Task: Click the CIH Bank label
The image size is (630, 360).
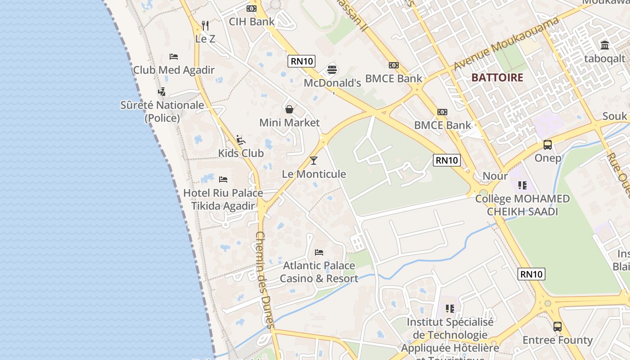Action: [x=252, y=22]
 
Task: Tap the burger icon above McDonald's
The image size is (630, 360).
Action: [x=333, y=70]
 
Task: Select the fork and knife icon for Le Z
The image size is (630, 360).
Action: [x=205, y=25]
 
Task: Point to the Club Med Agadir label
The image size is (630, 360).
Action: [x=174, y=70]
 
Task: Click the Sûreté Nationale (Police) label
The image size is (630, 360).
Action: [x=162, y=112]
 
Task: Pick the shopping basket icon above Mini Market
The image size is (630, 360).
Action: [x=289, y=109]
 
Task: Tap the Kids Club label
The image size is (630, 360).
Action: [x=241, y=153]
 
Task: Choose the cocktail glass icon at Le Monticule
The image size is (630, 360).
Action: [x=314, y=161]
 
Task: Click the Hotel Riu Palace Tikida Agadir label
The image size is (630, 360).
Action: [x=223, y=199]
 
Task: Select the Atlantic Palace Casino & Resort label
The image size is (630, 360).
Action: [x=319, y=272]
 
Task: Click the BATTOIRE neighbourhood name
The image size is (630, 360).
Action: [x=497, y=77]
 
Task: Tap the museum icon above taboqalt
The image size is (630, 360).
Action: [x=605, y=45]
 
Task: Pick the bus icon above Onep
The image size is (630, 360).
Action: [x=548, y=145]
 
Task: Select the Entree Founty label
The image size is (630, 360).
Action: [x=557, y=340]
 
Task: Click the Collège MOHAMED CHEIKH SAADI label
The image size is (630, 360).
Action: [x=522, y=205]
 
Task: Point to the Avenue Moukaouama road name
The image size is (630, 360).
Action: [x=506, y=44]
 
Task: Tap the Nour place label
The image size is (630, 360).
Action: [x=495, y=176]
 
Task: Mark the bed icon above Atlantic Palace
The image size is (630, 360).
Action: [x=319, y=252]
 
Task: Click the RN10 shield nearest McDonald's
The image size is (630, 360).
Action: [x=301, y=61]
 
